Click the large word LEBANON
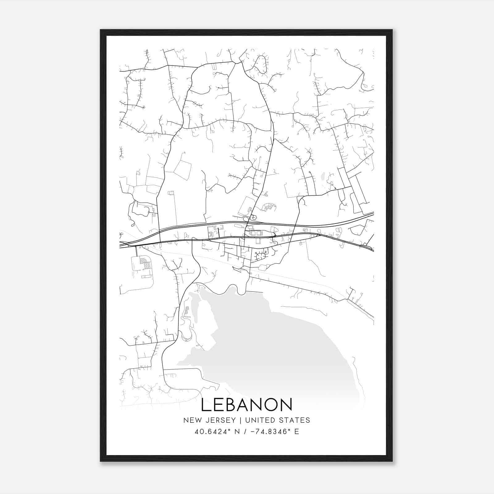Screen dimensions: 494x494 [247, 405]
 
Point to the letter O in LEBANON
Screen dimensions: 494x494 [268, 405]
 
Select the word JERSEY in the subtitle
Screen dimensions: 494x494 [218, 420]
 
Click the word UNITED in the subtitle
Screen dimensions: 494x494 [259, 420]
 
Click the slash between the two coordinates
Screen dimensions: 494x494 [245, 432]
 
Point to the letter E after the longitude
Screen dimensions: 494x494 [297, 432]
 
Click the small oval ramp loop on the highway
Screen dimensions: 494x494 [246, 219]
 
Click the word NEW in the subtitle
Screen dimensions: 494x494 [190, 420]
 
